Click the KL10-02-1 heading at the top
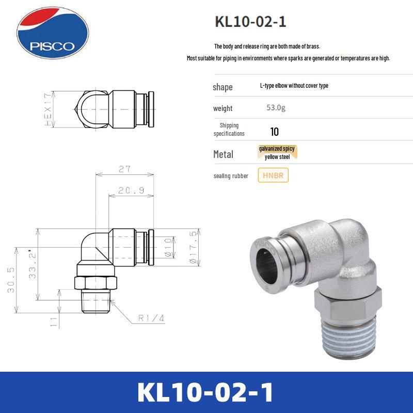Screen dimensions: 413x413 [x=250, y=22]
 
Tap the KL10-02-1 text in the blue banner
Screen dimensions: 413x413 [x=206, y=392]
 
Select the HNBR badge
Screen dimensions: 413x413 [x=273, y=176]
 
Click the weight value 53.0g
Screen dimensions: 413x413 [x=276, y=108]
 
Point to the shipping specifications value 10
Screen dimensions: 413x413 [x=275, y=132]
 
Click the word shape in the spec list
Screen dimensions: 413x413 [x=223, y=87]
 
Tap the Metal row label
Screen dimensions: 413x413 [x=223, y=154]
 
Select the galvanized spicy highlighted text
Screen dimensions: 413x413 [x=277, y=149]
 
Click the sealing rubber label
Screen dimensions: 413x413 [x=231, y=176]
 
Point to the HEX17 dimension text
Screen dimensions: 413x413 [x=49, y=109]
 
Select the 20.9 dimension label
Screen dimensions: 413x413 [x=131, y=190]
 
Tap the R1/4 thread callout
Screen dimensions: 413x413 [x=151, y=319]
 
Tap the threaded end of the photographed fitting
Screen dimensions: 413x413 [x=349, y=341]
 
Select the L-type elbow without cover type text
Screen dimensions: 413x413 [x=294, y=86]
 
